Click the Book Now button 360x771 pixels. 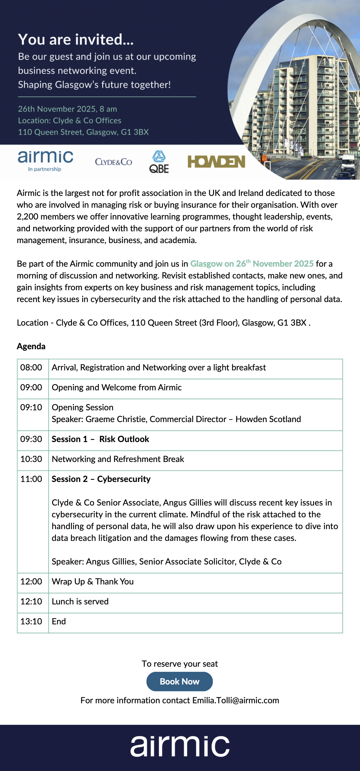tap(180, 682)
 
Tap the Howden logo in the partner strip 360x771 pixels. tap(216, 162)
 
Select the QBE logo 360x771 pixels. tap(159, 162)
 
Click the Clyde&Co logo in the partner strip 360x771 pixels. tap(113, 162)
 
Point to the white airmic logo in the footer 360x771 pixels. tap(180, 746)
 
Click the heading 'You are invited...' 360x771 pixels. tap(76, 40)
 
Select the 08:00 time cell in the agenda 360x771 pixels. tap(31, 368)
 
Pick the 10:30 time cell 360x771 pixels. tap(31, 459)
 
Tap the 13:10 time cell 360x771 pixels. tap(31, 622)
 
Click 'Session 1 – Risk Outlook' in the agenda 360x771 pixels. tap(100, 439)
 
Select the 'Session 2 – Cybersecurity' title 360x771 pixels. tap(101, 479)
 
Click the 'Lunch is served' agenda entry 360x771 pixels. tap(80, 602)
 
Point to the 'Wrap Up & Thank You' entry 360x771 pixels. tap(92, 582)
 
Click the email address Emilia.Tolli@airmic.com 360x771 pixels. tap(235, 701)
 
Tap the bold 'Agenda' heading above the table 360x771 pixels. tap(31, 346)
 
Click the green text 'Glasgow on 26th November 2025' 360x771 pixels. tap(252, 264)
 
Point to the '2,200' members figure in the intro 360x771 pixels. tap(27, 217)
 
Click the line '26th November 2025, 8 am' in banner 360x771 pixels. tap(67, 109)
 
